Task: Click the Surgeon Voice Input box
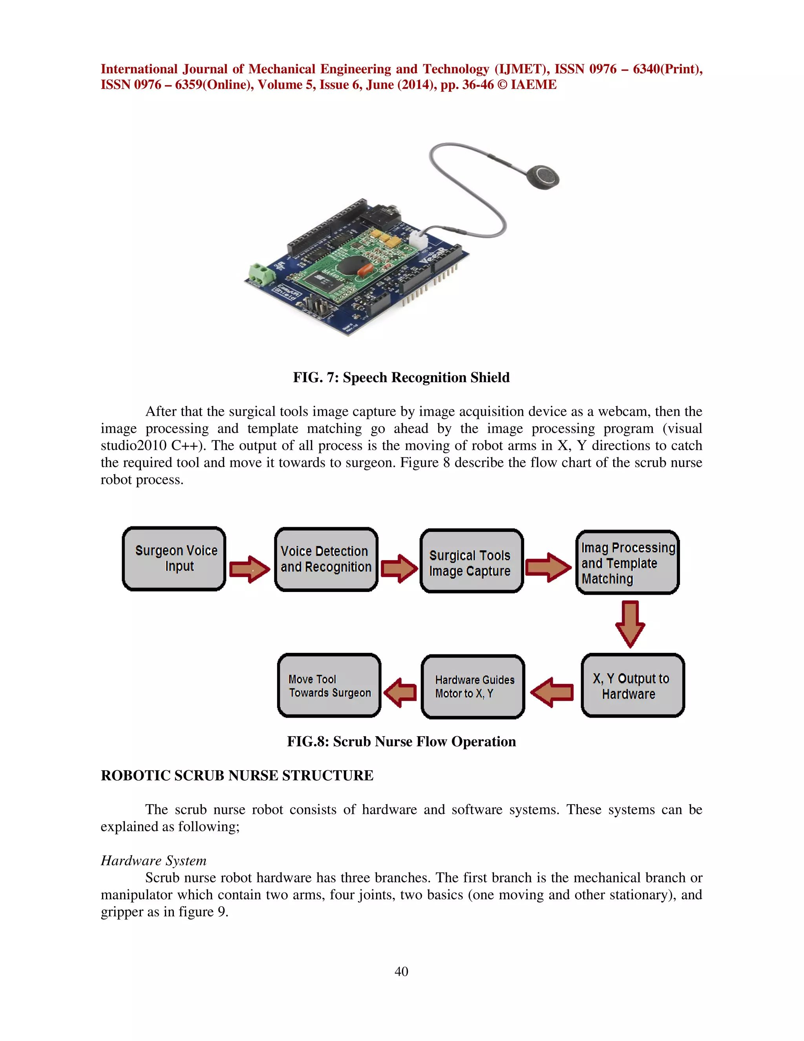point(174,559)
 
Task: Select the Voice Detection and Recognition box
point(326,559)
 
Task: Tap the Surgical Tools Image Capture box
point(471,561)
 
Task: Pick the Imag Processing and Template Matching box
point(627,563)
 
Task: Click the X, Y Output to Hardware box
point(632,685)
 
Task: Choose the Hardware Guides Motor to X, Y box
point(473,686)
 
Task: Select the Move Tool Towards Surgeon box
point(329,685)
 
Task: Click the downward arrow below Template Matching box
point(630,624)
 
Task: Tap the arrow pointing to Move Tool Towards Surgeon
point(400,693)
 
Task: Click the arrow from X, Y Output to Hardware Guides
point(552,692)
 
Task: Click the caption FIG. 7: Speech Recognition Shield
point(401,378)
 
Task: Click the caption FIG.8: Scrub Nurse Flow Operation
point(401,742)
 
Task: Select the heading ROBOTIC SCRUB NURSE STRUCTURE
point(237,775)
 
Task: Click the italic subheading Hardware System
point(153,861)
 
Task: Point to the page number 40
point(401,971)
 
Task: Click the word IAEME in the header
point(533,85)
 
